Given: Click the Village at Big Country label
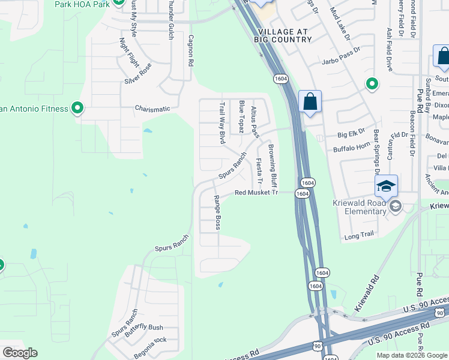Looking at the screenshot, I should pyautogui.click(x=285, y=35).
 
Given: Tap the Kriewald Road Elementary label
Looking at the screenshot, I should pyautogui.click(x=359, y=207).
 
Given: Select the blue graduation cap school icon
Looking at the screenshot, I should pyautogui.click(x=387, y=187).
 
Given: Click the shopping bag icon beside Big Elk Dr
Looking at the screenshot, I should pyautogui.click(x=310, y=101).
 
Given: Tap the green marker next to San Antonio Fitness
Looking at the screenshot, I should pyautogui.click(x=77, y=109).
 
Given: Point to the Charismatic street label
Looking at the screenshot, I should pyautogui.click(x=152, y=109).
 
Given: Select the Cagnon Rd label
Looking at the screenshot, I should pyautogui.click(x=190, y=50).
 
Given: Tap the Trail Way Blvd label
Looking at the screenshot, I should pyautogui.click(x=221, y=122).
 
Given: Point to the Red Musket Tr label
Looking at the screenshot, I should pyautogui.click(x=256, y=193).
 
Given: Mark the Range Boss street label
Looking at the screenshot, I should pyautogui.click(x=217, y=212).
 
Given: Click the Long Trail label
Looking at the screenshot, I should pyautogui.click(x=359, y=236).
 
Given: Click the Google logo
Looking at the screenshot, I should pyautogui.click(x=20, y=353).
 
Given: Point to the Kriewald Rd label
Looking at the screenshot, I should pyautogui.click(x=368, y=293).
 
